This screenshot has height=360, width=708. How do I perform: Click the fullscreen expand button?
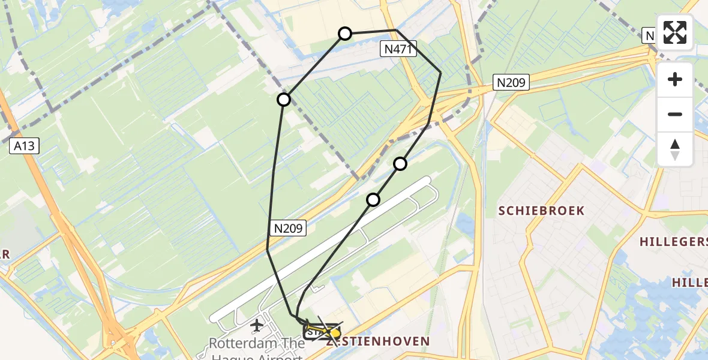[675, 32]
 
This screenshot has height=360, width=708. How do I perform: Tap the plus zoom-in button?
[675, 80]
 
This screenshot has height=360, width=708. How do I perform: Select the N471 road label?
[398, 50]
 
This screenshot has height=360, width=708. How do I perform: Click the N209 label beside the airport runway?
[290, 228]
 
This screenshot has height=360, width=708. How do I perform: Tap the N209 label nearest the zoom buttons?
[511, 82]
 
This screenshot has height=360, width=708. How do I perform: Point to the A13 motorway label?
[24, 145]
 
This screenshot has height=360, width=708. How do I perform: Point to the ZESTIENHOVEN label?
[378, 341]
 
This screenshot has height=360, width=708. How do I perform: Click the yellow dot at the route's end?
[335, 333]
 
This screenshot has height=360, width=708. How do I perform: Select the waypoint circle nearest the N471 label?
[345, 34]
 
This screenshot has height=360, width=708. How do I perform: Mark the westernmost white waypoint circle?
[284, 100]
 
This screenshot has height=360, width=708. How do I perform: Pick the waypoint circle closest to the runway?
[373, 199]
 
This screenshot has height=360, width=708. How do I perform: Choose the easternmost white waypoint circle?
[400, 164]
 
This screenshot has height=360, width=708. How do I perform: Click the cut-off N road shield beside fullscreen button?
[648, 35]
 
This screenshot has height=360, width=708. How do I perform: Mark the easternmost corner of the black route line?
[441, 73]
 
